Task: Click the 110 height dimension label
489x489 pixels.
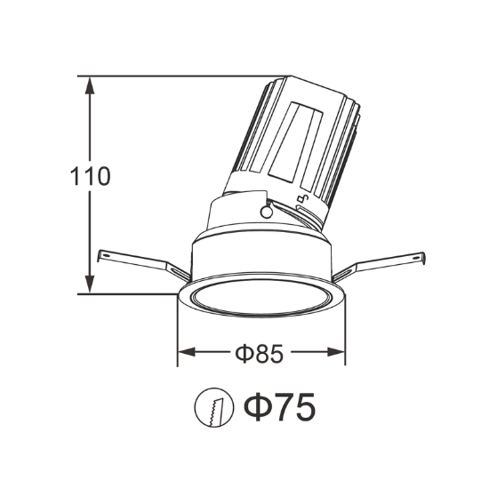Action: [90, 176]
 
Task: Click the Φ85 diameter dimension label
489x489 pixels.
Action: [259, 353]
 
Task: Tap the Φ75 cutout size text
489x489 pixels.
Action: [279, 406]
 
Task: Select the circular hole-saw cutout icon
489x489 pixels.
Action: [214, 407]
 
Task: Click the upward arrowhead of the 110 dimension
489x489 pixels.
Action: [90, 85]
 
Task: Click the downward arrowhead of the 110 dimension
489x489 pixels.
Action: [90, 285]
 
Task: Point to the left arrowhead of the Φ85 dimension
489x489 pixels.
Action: [187, 352]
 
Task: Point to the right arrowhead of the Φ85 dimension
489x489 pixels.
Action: [336, 352]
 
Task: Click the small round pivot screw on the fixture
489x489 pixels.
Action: [267, 212]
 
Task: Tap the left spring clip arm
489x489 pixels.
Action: [143, 264]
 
